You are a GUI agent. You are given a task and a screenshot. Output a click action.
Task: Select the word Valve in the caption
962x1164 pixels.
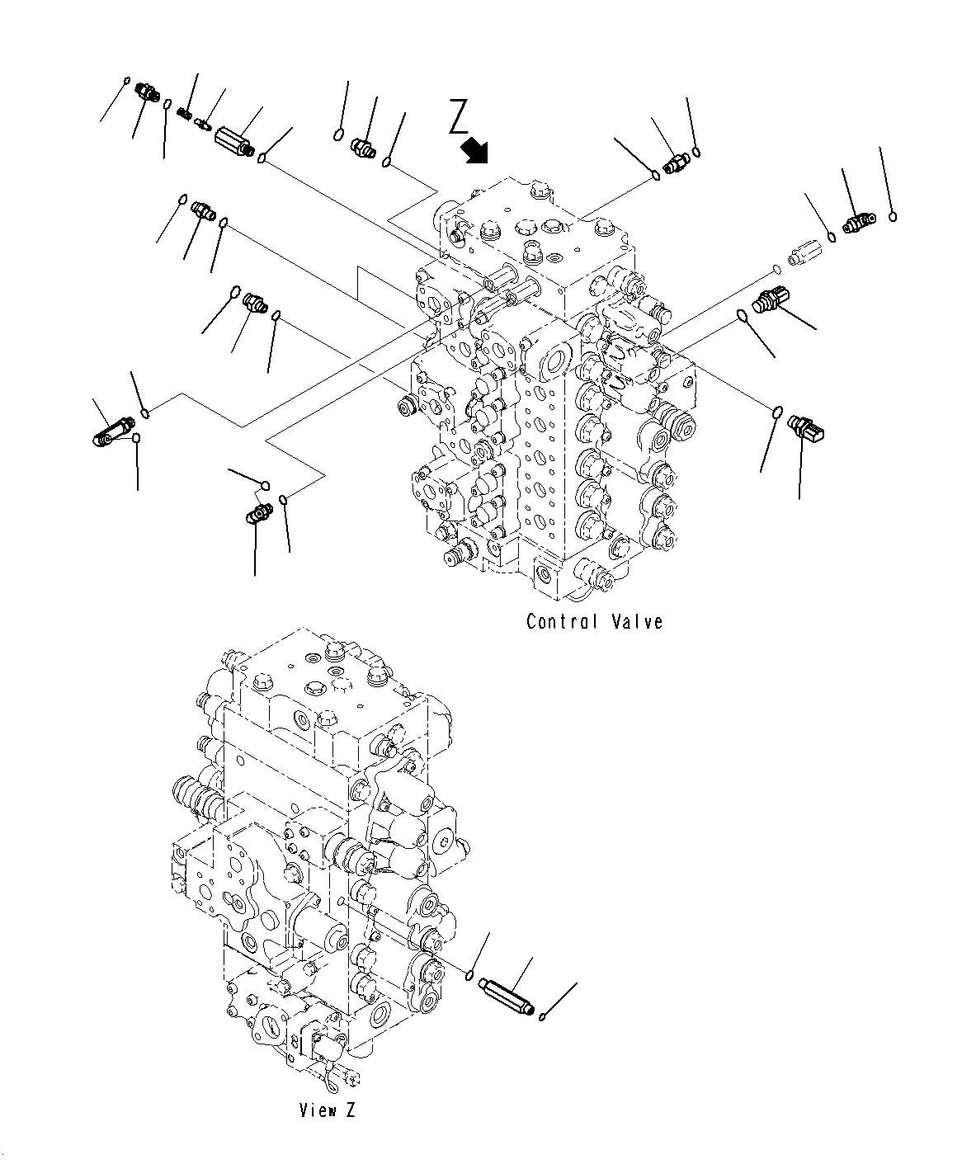coord(638,621)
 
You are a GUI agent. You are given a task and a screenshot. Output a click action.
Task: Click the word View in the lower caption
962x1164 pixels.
coord(317,1110)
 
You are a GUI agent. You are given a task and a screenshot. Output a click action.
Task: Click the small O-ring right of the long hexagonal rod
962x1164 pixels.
coord(541,1016)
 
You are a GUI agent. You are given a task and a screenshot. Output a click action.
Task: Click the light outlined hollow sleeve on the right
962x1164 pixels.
coord(803,252)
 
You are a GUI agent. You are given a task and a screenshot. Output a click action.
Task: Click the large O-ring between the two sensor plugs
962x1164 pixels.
coord(743,315)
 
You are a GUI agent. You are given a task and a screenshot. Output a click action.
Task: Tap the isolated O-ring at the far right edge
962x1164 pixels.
coord(893,217)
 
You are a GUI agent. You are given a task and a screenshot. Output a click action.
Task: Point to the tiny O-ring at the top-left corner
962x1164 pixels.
coord(126,80)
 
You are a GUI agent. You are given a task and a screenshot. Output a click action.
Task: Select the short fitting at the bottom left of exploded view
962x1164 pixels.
coord(259,514)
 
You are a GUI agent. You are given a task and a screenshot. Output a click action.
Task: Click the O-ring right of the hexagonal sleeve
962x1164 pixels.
coord(262,158)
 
